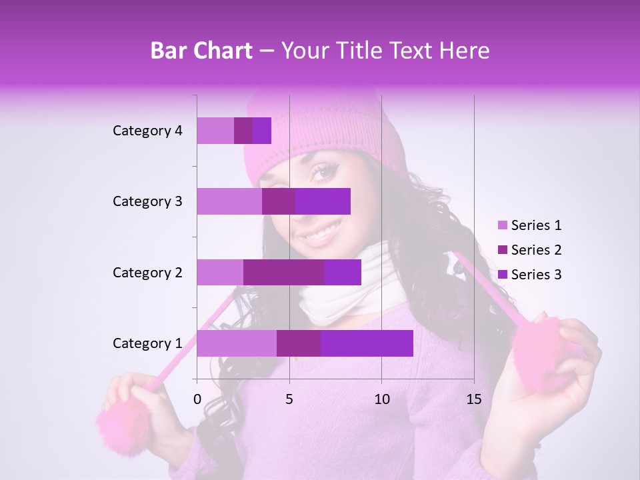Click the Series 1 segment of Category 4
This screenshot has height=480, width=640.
215,131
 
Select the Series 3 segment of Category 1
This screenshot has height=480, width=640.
367,343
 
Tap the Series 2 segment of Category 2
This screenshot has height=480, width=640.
284,272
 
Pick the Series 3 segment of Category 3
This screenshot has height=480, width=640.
323,201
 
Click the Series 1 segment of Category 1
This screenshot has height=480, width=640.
237,343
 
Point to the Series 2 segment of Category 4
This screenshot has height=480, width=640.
243,131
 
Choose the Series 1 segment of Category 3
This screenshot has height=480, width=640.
229,201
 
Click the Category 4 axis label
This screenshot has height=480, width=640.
147,131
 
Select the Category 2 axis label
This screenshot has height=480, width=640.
147,272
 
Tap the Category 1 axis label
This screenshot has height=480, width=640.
147,343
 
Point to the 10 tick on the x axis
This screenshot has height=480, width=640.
381,399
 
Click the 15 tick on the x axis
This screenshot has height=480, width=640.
474,399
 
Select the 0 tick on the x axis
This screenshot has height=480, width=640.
197,399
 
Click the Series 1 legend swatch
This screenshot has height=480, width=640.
502,225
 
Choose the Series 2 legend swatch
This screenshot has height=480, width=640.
502,250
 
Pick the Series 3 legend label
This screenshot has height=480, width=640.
536,275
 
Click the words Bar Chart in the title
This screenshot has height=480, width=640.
201,51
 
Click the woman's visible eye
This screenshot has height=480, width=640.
324,173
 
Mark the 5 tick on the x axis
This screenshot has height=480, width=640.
289,399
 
